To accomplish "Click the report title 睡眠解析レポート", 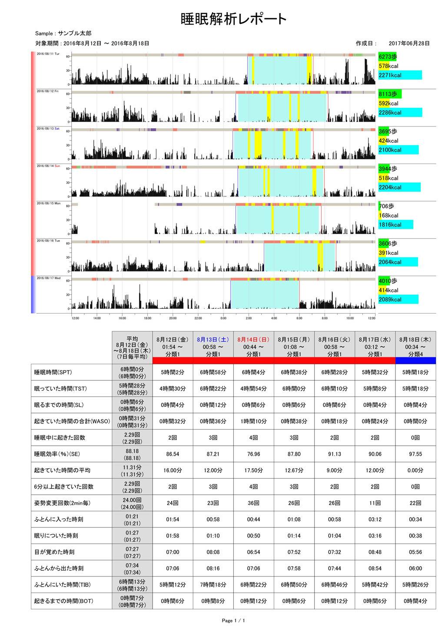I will point(233,19).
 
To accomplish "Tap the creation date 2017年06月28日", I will point(409,43).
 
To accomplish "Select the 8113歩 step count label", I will point(388,94).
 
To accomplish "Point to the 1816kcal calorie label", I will point(390,225).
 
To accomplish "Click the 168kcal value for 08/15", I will point(388,216).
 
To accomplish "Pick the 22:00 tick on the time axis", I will point(198,318).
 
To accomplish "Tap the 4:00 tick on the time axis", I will point(274,318).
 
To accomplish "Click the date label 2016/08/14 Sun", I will point(48,166).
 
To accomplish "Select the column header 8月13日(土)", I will point(213,340).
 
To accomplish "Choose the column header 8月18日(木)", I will point(415,340).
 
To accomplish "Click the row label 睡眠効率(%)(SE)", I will point(57,454).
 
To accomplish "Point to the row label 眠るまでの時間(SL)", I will point(59,405).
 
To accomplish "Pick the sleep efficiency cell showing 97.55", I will point(415,454).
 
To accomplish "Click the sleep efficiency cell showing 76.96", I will point(253,454).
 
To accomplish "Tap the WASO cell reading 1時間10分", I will point(253,421).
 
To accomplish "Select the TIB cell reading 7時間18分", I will point(213,585).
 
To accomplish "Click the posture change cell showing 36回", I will point(253,503).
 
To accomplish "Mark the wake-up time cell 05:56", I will point(415,552).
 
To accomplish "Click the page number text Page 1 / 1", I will point(233,620).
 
